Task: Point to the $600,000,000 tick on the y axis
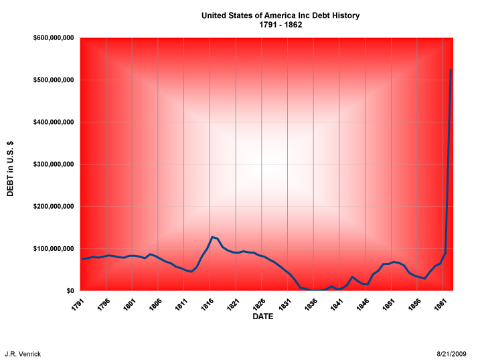[53, 38]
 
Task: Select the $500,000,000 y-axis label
[53, 80]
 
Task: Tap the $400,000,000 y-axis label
[53, 122]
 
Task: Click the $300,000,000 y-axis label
[53, 165]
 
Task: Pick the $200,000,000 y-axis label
[53, 207]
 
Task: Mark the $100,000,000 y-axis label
[53, 249]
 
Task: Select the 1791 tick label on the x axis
[79, 302]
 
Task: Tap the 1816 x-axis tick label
[208, 302]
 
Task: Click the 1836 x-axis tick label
[312, 302]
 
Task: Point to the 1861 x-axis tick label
[441, 302]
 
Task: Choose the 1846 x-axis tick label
[364, 302]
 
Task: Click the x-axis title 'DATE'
[262, 317]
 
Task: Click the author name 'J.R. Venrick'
[23, 353]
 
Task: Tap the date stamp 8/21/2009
[451, 353]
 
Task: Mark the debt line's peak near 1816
[212, 237]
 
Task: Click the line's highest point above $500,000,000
[451, 70]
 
